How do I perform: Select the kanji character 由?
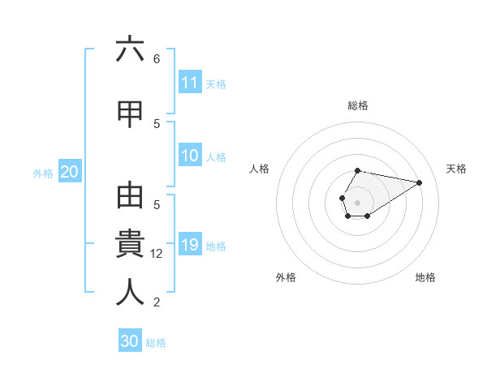[130, 200]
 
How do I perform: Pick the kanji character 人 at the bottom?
[130, 292]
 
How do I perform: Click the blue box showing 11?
[190, 83]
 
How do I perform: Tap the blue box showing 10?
[190, 156]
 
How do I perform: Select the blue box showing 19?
[190, 246]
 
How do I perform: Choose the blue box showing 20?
[69, 172]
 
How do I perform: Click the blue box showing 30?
[130, 341]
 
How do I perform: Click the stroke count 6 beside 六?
[157, 58]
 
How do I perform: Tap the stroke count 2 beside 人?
[157, 302]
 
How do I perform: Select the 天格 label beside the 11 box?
[216, 83]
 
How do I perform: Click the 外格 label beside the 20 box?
[42, 173]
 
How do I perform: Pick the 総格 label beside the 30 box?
[156, 342]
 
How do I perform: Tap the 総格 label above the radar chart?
[358, 105]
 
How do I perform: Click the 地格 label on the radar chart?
[425, 277]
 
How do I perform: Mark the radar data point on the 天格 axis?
[419, 182]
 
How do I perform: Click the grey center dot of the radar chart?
[357, 201]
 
